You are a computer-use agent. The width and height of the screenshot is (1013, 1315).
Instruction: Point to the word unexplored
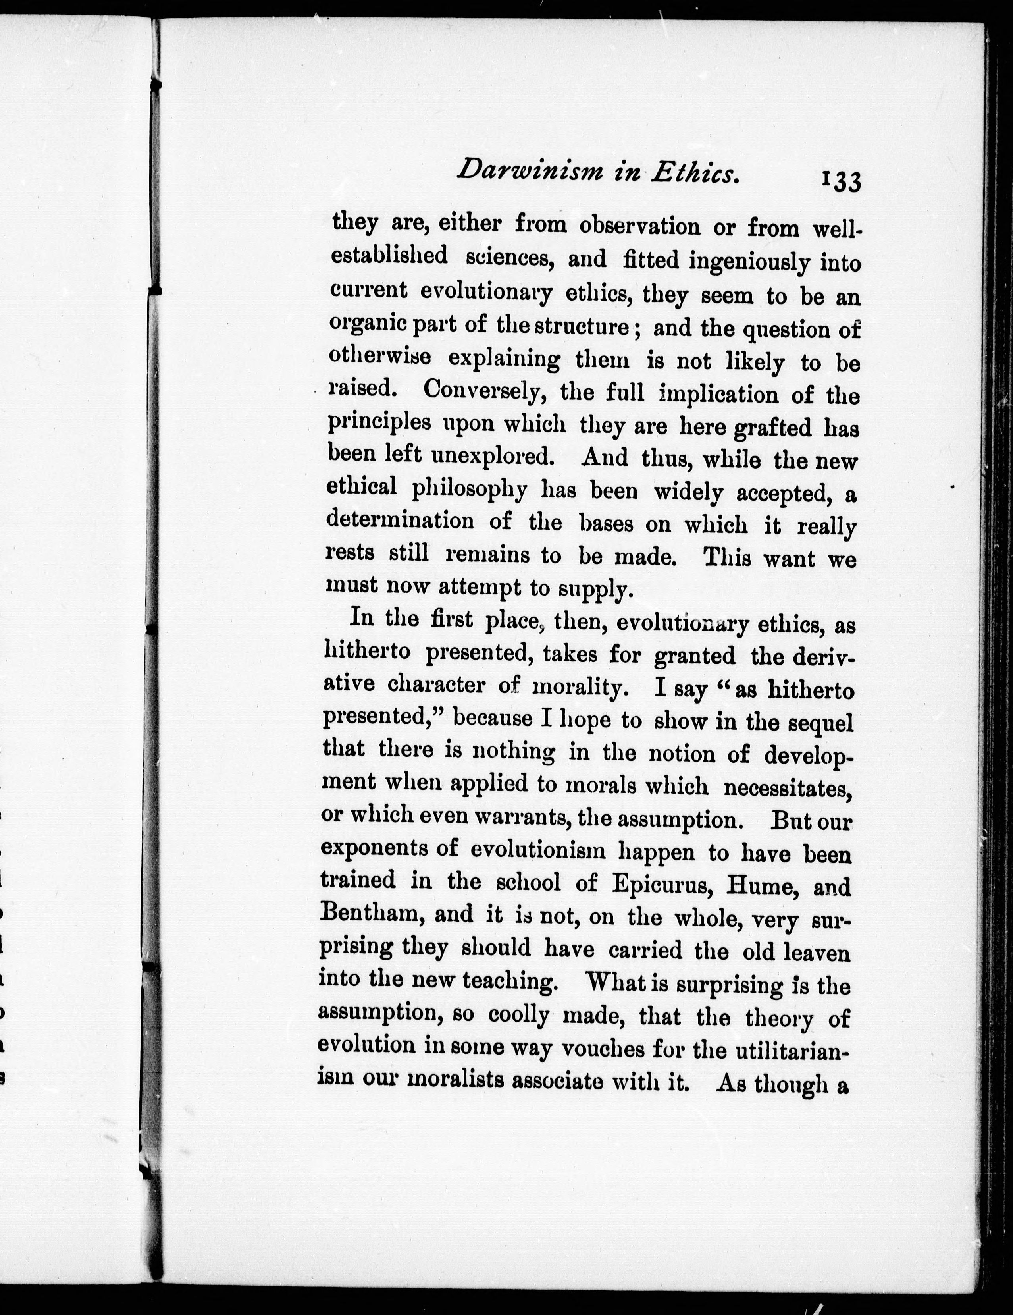click(492, 456)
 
